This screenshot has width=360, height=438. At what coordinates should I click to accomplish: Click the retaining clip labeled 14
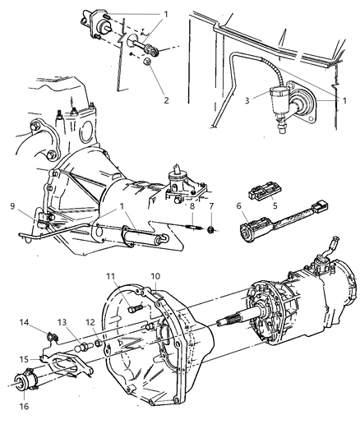(53, 336)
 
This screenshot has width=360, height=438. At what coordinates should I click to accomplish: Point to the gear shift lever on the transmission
(333, 246)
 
